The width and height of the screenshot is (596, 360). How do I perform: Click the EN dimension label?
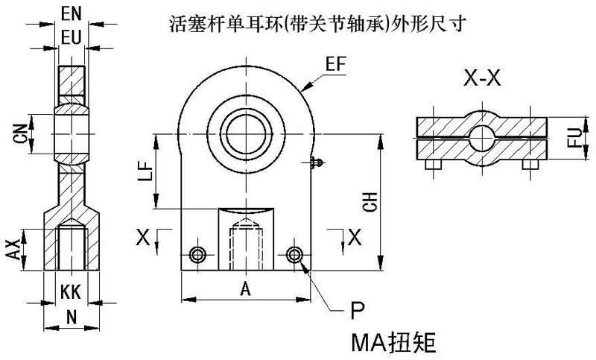tap(72, 13)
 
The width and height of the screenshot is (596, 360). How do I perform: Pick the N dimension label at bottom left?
tap(72, 316)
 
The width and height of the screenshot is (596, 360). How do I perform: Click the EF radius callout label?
tap(337, 64)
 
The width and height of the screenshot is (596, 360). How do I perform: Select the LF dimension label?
tap(146, 171)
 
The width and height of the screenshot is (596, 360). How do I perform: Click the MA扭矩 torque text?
tap(392, 342)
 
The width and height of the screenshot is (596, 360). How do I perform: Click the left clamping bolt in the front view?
tap(197, 255)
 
